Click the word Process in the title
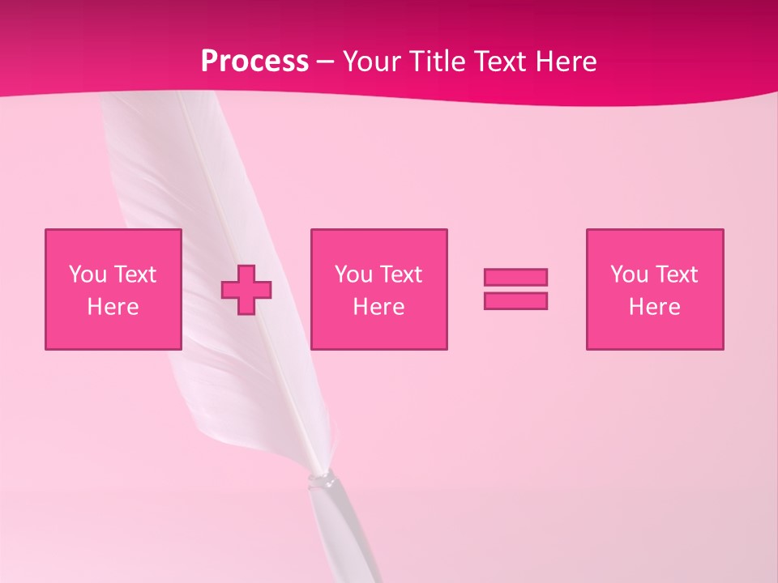click(x=254, y=62)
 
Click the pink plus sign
click(x=246, y=290)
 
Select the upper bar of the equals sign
click(x=515, y=277)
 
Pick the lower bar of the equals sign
click(x=515, y=300)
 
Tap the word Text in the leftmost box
click(x=134, y=274)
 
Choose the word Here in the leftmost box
click(x=113, y=307)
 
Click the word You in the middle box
click(x=353, y=274)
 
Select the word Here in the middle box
click(x=378, y=307)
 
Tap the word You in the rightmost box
click(x=629, y=274)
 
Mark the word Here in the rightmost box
click(x=654, y=307)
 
